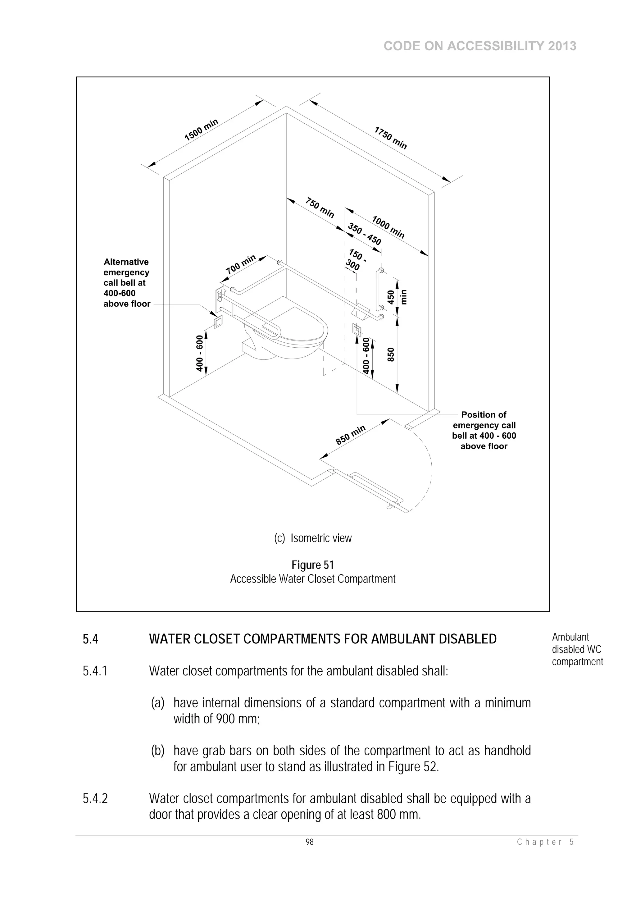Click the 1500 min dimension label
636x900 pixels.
201,130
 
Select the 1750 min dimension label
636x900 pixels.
391,138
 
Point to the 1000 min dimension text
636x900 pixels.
388,227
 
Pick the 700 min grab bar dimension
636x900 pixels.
241,265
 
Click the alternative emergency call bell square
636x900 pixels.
218,322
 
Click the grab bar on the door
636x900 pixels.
376,488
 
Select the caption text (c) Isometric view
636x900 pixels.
313,538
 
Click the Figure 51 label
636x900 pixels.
313,565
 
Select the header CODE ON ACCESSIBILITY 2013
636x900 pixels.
480,46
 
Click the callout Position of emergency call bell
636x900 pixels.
484,430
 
